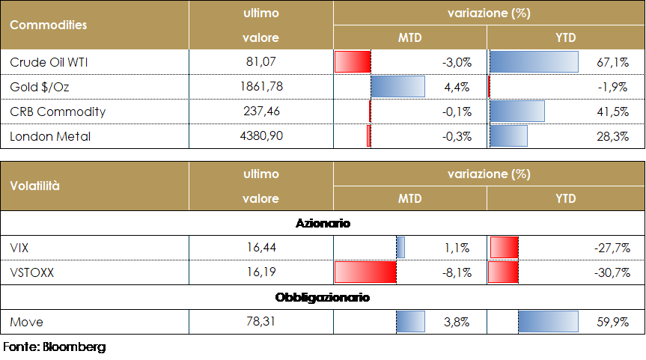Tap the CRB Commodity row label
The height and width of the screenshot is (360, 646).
(x=58, y=112)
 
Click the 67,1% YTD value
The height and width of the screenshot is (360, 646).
(x=615, y=62)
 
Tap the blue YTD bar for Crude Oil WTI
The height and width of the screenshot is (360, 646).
(x=534, y=61)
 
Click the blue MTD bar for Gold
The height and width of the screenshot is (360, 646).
(x=397, y=87)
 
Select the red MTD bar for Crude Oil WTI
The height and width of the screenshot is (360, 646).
(x=353, y=61)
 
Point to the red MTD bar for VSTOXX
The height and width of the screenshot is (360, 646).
(x=365, y=272)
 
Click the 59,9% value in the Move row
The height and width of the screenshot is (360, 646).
(x=613, y=322)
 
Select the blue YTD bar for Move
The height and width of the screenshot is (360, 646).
(x=548, y=322)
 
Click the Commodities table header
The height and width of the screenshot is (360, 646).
(x=48, y=25)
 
